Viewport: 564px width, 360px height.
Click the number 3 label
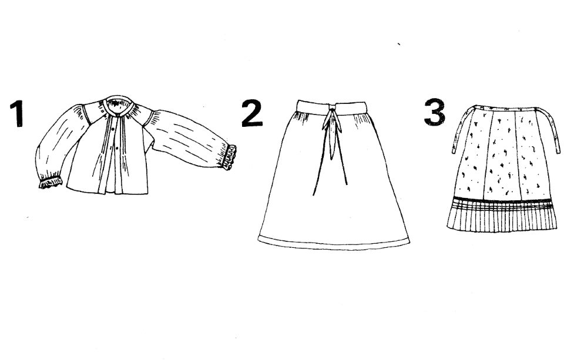(435, 112)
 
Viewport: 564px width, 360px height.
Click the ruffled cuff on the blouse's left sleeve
(51, 182)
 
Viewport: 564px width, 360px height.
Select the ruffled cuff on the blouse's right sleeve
(230, 157)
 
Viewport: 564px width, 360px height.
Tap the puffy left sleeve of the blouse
(59, 144)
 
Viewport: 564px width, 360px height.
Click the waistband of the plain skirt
(331, 107)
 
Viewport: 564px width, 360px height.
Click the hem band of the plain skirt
(334, 243)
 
